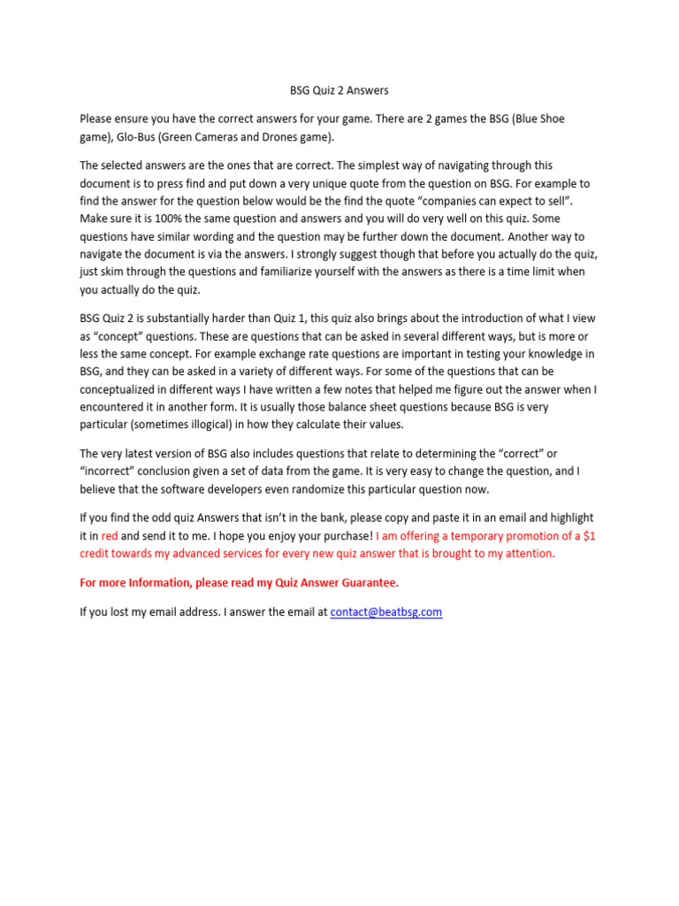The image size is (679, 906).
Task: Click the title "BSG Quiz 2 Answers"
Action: tap(339, 90)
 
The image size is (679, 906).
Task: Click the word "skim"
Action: tap(113, 272)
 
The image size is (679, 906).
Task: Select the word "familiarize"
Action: tap(275, 272)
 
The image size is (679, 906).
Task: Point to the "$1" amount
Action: tap(588, 535)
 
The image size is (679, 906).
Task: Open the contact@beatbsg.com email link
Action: tap(385, 611)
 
